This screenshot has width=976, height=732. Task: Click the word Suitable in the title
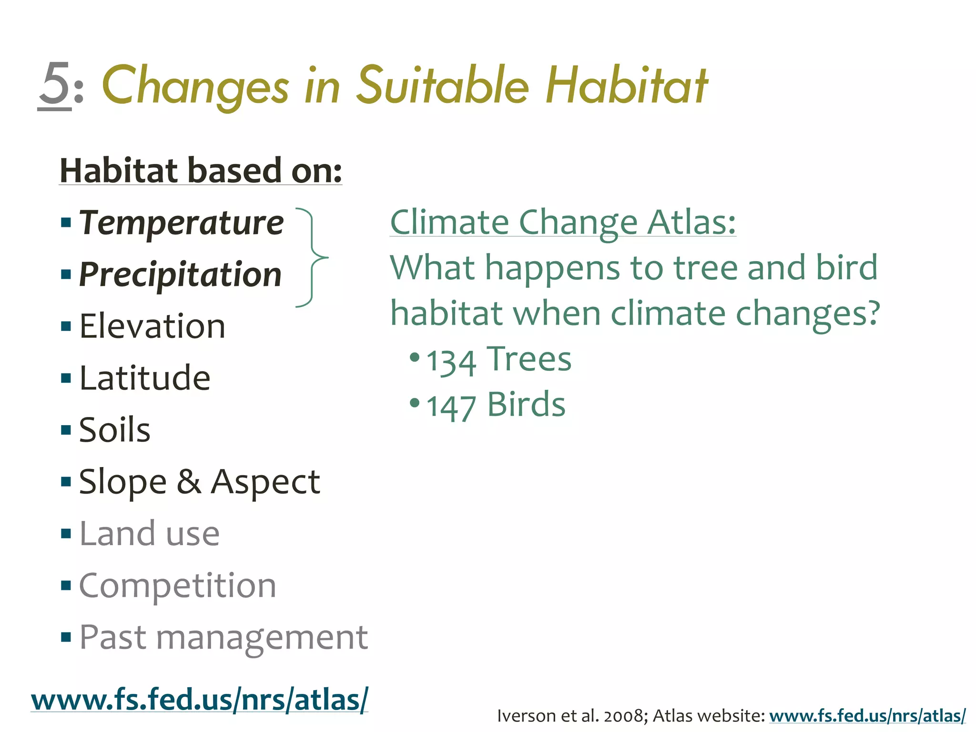pyautogui.click(x=443, y=86)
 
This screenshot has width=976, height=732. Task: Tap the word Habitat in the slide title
pyautogui.click(x=627, y=86)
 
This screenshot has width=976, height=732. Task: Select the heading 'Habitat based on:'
pyautogui.click(x=201, y=170)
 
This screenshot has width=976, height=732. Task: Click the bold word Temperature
pyautogui.click(x=181, y=223)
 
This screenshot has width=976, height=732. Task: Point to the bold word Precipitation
pyautogui.click(x=180, y=274)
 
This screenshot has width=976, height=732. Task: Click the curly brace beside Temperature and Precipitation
pyautogui.click(x=312, y=257)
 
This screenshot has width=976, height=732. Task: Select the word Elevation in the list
pyautogui.click(x=152, y=326)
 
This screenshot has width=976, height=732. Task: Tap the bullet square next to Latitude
pyautogui.click(x=66, y=378)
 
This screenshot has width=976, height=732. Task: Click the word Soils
pyautogui.click(x=114, y=430)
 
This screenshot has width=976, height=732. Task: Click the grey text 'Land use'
pyautogui.click(x=149, y=533)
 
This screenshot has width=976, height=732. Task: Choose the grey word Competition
pyautogui.click(x=177, y=585)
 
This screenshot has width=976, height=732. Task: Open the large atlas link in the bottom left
pyautogui.click(x=199, y=700)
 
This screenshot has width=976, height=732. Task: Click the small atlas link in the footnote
pyautogui.click(x=867, y=716)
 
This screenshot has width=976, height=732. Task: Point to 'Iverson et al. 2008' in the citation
pyautogui.click(x=572, y=716)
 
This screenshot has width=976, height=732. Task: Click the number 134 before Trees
pyautogui.click(x=451, y=362)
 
